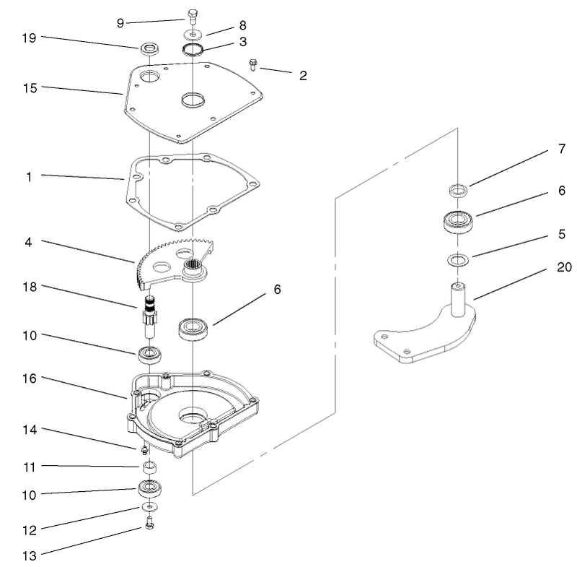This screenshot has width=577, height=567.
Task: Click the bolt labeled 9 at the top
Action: click(192, 15)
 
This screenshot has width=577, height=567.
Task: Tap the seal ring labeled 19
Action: click(150, 50)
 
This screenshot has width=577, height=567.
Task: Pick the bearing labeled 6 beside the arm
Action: click(456, 220)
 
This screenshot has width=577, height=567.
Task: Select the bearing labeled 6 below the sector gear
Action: click(193, 329)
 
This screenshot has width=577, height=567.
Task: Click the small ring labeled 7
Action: click(457, 191)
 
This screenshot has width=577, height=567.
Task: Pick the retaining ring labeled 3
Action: click(193, 50)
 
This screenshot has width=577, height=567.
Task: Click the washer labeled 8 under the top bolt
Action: click(192, 33)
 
